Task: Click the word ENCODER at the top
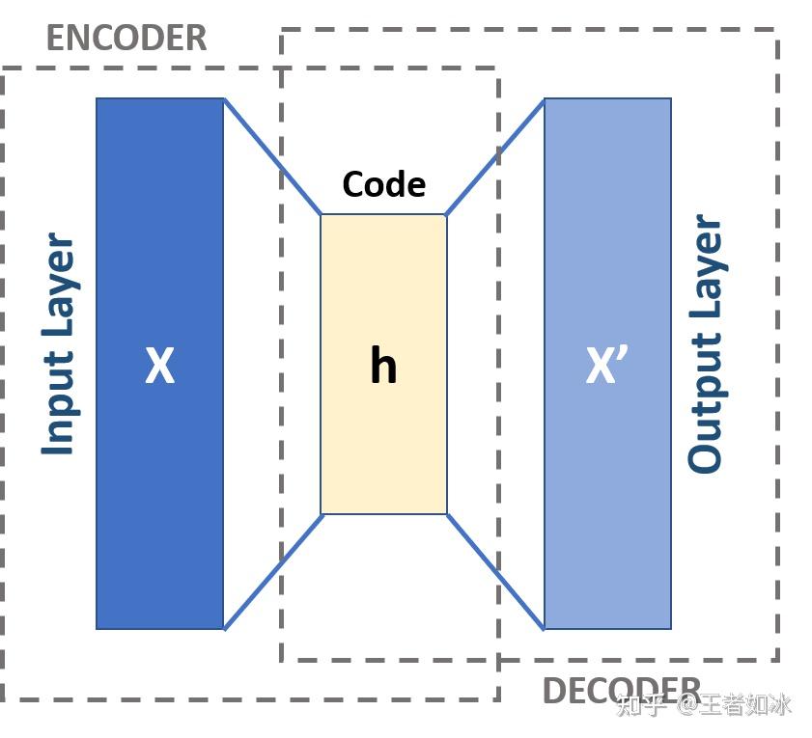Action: pos(126,39)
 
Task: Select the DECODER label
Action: pos(621,691)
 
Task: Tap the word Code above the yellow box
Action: pos(383,184)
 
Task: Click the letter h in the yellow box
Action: pos(383,367)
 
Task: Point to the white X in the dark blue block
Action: pos(159,367)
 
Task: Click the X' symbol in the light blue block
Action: pos(607,365)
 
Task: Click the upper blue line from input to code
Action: pos(272,156)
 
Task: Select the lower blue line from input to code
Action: pos(272,572)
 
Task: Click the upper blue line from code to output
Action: pos(495,156)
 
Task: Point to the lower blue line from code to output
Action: pos(495,572)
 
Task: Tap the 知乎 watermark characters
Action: pos(640,706)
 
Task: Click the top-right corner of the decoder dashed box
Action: pos(776,30)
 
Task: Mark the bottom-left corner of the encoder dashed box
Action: pos(3,698)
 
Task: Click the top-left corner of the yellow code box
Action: pos(322,215)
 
